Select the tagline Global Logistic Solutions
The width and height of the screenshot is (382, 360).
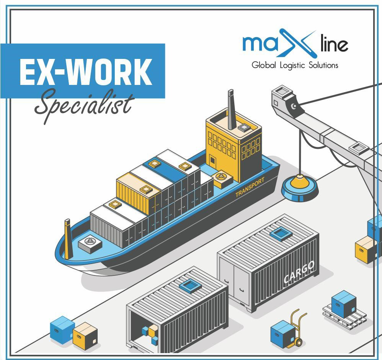tap(295, 65)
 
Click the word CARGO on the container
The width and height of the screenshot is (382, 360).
tap(299, 272)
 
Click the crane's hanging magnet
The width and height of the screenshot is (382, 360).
tap(300, 187)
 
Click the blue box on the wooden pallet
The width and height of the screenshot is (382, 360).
tap(344, 304)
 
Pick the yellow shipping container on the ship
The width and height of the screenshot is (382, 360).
tap(138, 193)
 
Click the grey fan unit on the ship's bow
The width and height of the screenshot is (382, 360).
tap(90, 243)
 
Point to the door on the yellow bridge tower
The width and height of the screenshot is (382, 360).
tap(212, 160)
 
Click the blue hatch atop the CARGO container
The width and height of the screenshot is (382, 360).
tap(281, 233)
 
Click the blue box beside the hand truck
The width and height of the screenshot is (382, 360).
tap(282, 334)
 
